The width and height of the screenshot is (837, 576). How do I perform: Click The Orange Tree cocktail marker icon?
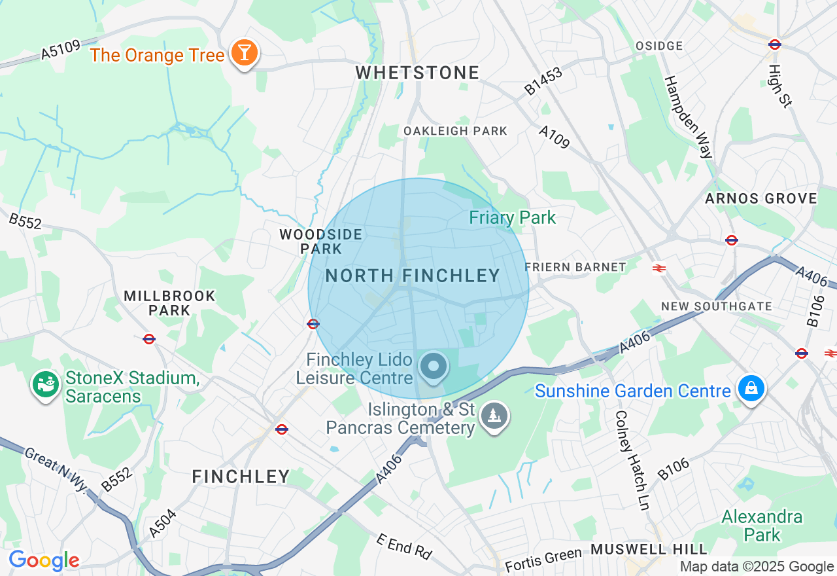coord(245,53)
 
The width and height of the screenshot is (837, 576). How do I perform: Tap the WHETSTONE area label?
coord(417,73)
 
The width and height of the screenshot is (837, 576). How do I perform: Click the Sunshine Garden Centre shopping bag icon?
coord(751,389)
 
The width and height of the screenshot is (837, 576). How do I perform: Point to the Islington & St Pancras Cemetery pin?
coord(494,415)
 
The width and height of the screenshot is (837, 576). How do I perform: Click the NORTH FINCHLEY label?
coord(413,276)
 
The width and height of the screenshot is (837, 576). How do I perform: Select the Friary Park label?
coord(512,218)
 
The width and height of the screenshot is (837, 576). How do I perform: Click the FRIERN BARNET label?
coord(575,267)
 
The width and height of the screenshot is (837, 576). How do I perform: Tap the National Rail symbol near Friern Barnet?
coord(659,267)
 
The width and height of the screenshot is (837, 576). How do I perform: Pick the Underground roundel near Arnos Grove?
coord(732,240)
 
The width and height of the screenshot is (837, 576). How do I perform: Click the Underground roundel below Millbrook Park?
coord(149,338)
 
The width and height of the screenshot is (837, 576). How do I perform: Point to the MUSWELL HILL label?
coord(649,549)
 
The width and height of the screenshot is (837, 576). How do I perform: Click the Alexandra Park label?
coord(762,526)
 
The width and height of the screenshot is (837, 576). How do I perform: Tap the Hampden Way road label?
coord(688,117)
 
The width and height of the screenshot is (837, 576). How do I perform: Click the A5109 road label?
coord(60,50)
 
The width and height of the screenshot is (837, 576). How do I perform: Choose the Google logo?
coord(44,560)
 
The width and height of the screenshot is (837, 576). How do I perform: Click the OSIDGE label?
coord(659,46)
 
